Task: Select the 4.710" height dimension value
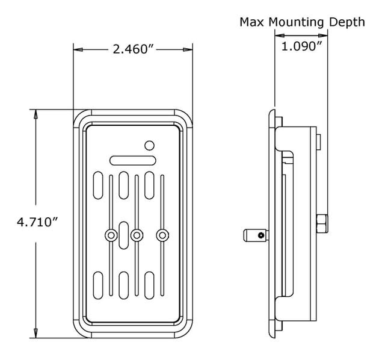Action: click(37, 222)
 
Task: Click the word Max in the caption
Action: click(253, 22)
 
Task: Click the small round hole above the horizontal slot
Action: click(150, 144)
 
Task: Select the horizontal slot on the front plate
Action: click(133, 160)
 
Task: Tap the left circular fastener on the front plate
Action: click(111, 235)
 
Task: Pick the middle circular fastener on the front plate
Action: click(136, 235)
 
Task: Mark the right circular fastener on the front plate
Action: click(161, 235)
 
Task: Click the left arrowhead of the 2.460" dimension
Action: click(76, 49)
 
